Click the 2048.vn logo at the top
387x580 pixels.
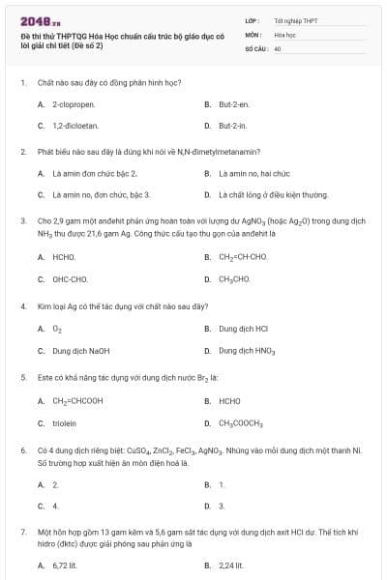(x=40, y=20)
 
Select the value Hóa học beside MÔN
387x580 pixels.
(x=283, y=34)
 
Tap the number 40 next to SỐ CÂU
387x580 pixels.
(x=277, y=47)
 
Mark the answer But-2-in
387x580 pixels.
(x=232, y=126)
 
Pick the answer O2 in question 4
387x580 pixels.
(x=56, y=328)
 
